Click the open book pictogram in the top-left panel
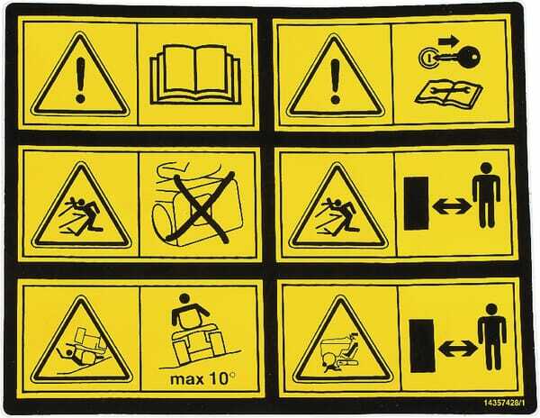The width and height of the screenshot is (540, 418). point(195,74)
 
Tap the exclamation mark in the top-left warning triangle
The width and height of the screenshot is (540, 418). point(81,80)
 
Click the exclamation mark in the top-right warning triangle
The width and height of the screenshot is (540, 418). point(335,81)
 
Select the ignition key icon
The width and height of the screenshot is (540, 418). point(449,56)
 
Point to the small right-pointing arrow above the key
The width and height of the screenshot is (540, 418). point(448,41)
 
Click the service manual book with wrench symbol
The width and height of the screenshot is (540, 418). point(448,93)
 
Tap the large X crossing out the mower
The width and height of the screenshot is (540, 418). point(201,207)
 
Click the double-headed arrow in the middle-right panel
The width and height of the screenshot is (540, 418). point(452,206)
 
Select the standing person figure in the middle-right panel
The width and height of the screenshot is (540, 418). point(486,195)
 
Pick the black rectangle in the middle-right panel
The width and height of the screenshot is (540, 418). point(417,204)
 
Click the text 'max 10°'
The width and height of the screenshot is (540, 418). point(203,379)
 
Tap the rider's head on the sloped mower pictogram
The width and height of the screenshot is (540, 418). point(184,298)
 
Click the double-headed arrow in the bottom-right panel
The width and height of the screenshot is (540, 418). point(458,349)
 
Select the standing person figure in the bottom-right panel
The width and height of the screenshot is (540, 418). point(491,337)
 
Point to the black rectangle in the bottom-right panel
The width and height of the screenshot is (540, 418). point(422,346)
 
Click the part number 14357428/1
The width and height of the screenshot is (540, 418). point(504,403)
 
